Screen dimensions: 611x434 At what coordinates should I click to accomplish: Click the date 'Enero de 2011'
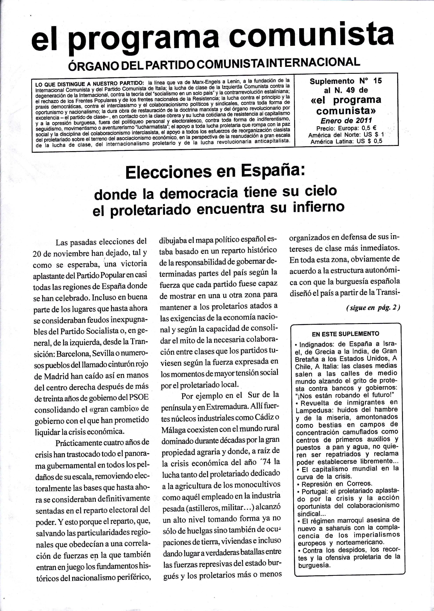click(x=346, y=120)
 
